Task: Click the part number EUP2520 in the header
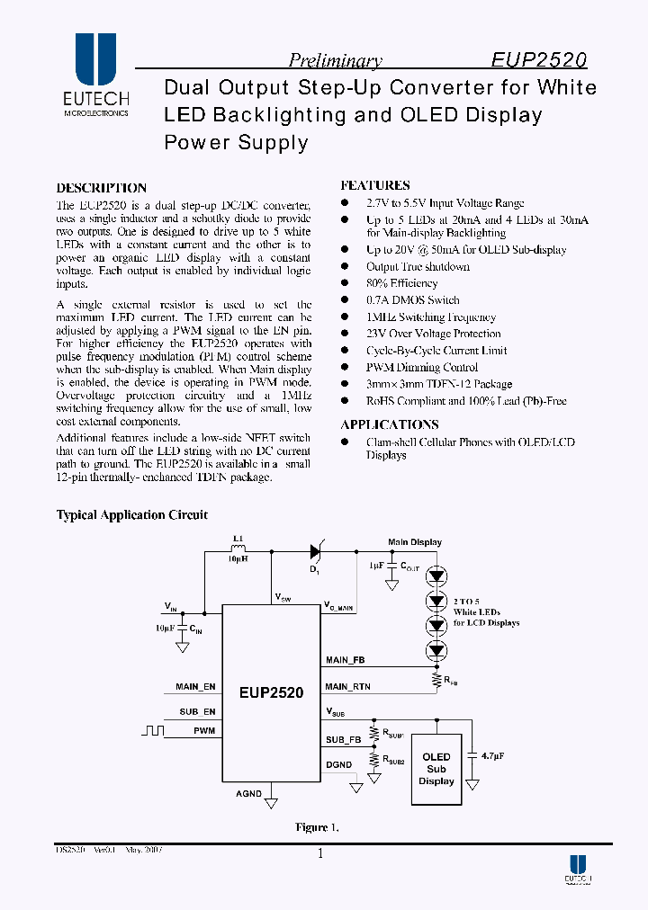pos(539,60)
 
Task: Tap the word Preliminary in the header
pos(335,61)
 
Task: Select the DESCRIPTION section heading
pos(101,188)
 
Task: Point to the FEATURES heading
pos(375,185)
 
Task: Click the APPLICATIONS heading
pos(390,424)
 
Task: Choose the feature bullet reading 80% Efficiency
pos(401,283)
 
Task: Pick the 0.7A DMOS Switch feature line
pos(412,300)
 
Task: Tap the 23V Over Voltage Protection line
pos(433,334)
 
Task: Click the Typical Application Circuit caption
pos(132,515)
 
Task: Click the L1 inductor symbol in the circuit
pos(238,550)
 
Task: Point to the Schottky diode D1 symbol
pos(317,551)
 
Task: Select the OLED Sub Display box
pos(436,769)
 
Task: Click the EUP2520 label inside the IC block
pos(271,693)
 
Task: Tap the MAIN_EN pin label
pos(196,687)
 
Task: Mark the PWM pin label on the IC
pos(204,731)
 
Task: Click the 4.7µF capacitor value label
pos(491,757)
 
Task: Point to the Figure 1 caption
pos(317,827)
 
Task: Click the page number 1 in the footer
pos(319,855)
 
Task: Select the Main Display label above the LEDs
pos(415,542)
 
